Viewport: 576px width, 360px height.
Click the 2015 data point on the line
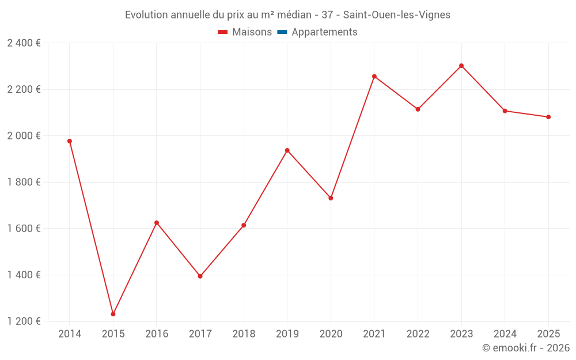pyautogui.click(x=113, y=314)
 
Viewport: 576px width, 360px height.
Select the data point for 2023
pyautogui.click(x=461, y=66)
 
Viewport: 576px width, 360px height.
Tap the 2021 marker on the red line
pyautogui.click(x=374, y=76)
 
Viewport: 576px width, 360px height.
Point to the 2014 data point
pyautogui.click(x=70, y=141)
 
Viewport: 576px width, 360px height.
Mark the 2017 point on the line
pyautogui.click(x=200, y=276)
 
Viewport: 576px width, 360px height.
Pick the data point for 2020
pyautogui.click(x=331, y=198)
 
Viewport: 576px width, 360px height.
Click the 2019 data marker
pyautogui.click(x=287, y=150)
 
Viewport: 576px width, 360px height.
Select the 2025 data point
pyautogui.click(x=548, y=117)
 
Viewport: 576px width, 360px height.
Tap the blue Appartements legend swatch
pyautogui.click(x=282, y=32)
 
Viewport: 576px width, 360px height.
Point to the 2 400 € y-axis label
pyautogui.click(x=24, y=43)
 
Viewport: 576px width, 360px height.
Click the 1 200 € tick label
pyautogui.click(x=24, y=321)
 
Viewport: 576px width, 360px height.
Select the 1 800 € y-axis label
pyautogui.click(x=24, y=182)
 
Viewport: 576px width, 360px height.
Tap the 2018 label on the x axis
pyautogui.click(x=244, y=334)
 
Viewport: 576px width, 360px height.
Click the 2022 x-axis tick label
pyautogui.click(x=418, y=334)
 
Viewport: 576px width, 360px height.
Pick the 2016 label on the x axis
pyautogui.click(x=157, y=334)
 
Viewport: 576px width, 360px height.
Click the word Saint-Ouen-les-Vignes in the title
pyautogui.click(x=396, y=15)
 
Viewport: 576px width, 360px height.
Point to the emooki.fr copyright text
pyautogui.click(x=525, y=348)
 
